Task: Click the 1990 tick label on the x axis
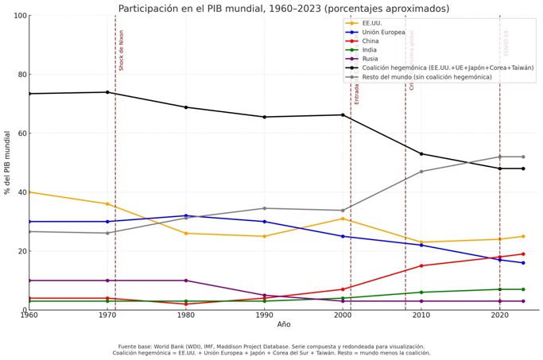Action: point(264,315)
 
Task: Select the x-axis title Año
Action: point(284,324)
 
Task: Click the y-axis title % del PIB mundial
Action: point(8,162)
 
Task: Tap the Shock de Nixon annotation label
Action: point(122,50)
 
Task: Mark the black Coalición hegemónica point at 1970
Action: point(107,92)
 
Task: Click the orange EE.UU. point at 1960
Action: point(29,192)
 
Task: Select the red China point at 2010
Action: point(421,265)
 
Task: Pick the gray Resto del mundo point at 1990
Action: point(264,208)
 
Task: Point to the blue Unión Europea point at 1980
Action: point(186,215)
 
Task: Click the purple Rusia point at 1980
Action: point(186,281)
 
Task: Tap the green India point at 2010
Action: point(421,292)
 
